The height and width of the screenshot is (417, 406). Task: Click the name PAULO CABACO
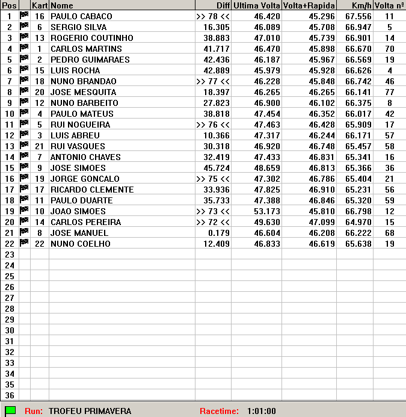pyautogui.click(x=78, y=16)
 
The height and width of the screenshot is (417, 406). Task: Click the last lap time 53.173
pyautogui.click(x=266, y=211)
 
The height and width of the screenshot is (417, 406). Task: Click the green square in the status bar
pyautogui.click(x=10, y=411)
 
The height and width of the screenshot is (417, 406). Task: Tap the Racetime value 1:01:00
pyautogui.click(x=261, y=411)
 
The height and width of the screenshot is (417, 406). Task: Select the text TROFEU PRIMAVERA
pyautogui.click(x=90, y=411)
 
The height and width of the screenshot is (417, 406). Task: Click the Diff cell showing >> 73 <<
pyautogui.click(x=213, y=211)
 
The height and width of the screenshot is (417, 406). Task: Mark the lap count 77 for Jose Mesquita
pyautogui.click(x=390, y=92)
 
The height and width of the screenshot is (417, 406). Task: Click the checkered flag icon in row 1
pyautogui.click(x=24, y=16)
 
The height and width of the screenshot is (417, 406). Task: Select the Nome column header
pyautogui.click(x=61, y=5)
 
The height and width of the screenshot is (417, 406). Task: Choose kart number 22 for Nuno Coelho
pyautogui.click(x=40, y=244)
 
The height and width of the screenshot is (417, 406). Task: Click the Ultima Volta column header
pyautogui.click(x=256, y=5)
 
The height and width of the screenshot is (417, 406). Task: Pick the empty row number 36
pyautogui.click(x=9, y=395)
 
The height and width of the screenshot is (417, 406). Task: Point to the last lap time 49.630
pyautogui.click(x=266, y=222)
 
